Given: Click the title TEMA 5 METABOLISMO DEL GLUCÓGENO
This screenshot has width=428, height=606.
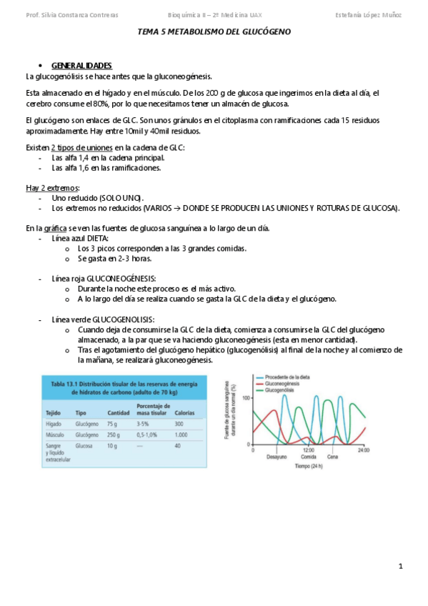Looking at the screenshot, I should click(x=214, y=32).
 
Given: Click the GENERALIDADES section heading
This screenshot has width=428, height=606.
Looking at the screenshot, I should click(x=81, y=65).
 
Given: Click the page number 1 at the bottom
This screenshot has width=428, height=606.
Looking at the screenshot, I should click(x=401, y=566).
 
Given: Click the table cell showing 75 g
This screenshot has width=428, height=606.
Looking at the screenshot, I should click(x=113, y=424).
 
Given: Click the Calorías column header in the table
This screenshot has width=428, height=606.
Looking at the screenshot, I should click(x=184, y=413).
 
